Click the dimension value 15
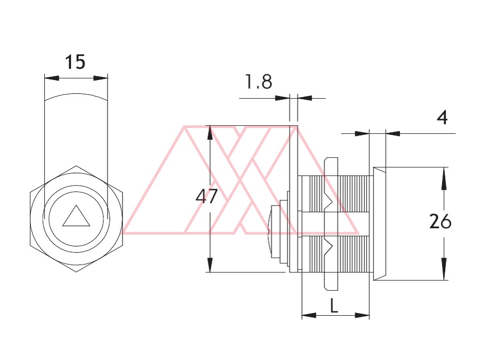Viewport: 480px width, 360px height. coord(75,62)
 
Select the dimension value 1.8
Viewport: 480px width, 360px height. coord(258,82)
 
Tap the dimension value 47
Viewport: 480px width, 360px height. coord(206,196)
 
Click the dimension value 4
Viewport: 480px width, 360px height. coord(442,117)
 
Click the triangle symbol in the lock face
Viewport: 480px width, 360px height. coord(76,216)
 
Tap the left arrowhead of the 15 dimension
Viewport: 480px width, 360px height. coord(51,78)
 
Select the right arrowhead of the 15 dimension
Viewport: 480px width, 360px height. coord(101,78)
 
